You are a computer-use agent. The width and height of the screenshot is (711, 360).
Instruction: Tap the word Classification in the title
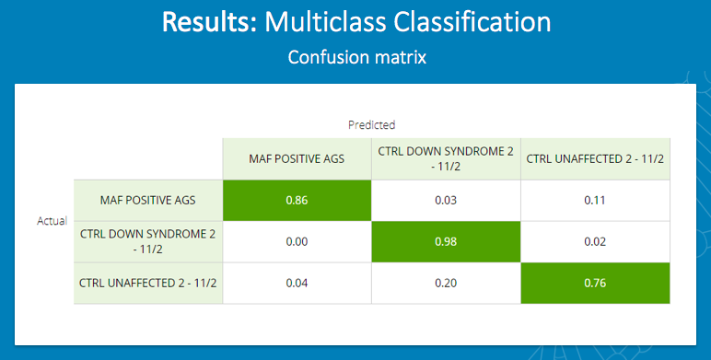tap(465, 22)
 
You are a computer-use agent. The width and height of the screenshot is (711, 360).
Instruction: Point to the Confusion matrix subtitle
tap(355, 57)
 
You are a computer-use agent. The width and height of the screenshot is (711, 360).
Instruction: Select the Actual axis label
tap(52, 221)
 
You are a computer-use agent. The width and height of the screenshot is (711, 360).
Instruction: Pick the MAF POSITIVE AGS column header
tap(297, 158)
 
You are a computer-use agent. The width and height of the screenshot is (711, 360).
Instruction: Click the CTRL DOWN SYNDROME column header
tap(446, 157)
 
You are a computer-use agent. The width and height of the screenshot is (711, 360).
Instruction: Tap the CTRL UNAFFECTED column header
tap(595, 158)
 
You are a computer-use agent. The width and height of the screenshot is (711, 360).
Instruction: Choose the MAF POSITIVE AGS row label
tap(147, 200)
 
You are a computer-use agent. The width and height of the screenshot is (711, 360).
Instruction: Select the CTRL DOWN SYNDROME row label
tap(147, 241)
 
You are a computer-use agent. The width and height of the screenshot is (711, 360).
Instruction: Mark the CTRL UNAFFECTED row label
tap(147, 283)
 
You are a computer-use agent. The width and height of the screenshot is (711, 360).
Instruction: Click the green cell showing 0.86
tap(297, 200)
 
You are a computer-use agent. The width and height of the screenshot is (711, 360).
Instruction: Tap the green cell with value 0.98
tap(446, 241)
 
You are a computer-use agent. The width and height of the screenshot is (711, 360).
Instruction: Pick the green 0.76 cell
tap(595, 283)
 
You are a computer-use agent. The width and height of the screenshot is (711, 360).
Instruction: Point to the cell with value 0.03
tap(446, 200)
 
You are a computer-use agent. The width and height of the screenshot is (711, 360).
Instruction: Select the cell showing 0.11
tap(595, 200)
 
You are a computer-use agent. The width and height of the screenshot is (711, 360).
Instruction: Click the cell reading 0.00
tap(297, 241)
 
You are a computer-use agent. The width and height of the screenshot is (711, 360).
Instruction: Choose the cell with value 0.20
tap(446, 283)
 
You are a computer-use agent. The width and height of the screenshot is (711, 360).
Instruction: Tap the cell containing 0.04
tap(297, 283)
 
